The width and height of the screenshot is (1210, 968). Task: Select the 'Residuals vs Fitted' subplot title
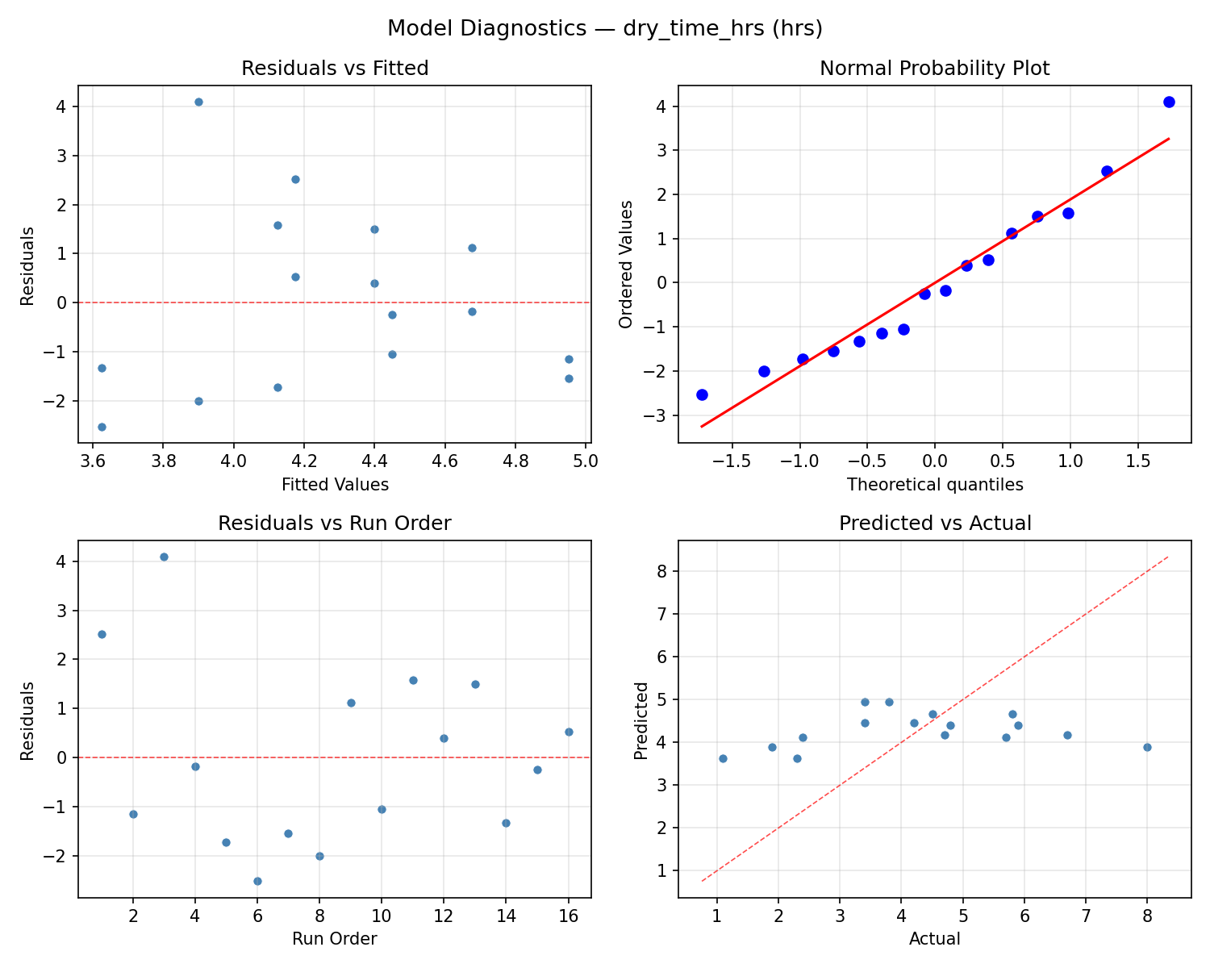tap(335, 69)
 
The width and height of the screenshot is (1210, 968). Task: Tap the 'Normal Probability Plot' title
tap(934, 69)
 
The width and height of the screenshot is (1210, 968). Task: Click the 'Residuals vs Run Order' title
tap(335, 524)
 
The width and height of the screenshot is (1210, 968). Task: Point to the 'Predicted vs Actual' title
tap(935, 524)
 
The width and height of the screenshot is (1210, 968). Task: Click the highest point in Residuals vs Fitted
tap(198, 102)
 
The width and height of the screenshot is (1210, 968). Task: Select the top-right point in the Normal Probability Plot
tap(1169, 102)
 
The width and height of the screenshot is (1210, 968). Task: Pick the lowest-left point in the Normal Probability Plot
tap(702, 394)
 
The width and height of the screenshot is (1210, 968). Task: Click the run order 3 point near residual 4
tap(164, 557)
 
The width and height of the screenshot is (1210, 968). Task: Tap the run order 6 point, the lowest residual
tap(257, 881)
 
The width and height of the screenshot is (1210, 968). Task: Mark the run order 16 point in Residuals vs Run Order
tap(569, 732)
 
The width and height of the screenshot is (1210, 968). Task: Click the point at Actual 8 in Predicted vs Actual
tap(1147, 747)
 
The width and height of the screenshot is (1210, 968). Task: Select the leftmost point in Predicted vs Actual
tap(723, 758)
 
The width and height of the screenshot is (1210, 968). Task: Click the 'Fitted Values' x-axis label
tap(335, 485)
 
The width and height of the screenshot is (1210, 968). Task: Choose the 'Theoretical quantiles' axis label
tap(934, 485)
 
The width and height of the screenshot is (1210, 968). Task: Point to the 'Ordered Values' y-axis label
tap(625, 264)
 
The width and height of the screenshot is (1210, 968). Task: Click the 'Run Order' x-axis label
tap(335, 939)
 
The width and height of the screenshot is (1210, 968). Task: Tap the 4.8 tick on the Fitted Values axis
tap(515, 462)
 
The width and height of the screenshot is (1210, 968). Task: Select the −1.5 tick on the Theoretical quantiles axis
tap(729, 462)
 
